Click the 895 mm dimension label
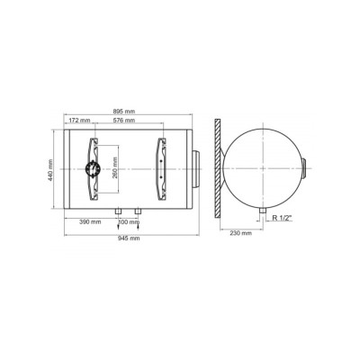click(x=124, y=112)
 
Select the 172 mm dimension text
click(x=79, y=121)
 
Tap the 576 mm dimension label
click(x=124, y=121)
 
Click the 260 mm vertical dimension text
click(x=114, y=168)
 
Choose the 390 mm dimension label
click(x=90, y=222)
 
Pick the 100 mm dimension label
click(x=130, y=222)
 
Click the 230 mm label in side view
click(x=241, y=233)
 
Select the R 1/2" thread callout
click(x=283, y=218)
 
